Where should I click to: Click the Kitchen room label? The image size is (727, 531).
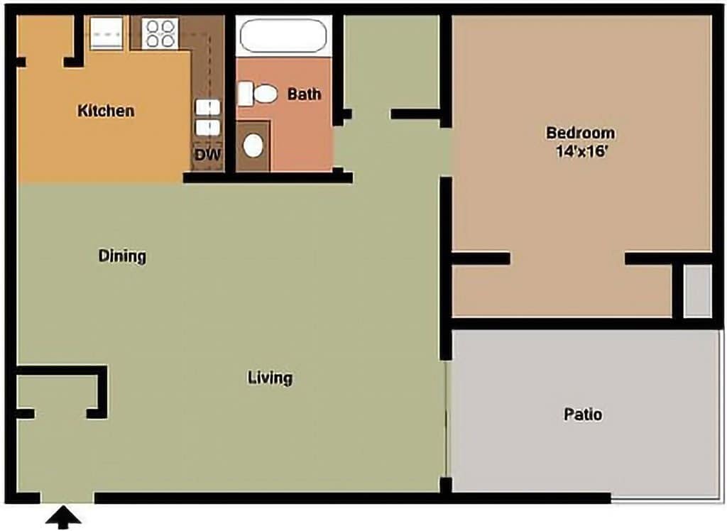coord(106,111)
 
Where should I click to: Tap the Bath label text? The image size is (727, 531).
coord(304,94)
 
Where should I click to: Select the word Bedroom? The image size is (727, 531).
coord(580,133)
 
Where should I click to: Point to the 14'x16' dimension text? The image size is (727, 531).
coord(580,150)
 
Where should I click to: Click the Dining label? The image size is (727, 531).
coord(122,256)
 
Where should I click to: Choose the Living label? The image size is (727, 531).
coord(270,378)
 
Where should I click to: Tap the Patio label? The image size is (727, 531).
coord(583,414)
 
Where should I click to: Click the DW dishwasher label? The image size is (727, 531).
coord(207,154)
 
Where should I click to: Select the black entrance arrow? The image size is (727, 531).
coord(65,518)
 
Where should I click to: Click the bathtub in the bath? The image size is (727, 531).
coord(283,35)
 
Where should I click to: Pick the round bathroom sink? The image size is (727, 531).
coord(253,146)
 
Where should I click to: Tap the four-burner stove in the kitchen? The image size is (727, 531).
coord(160,33)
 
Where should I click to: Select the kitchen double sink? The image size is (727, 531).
coord(207,117)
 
